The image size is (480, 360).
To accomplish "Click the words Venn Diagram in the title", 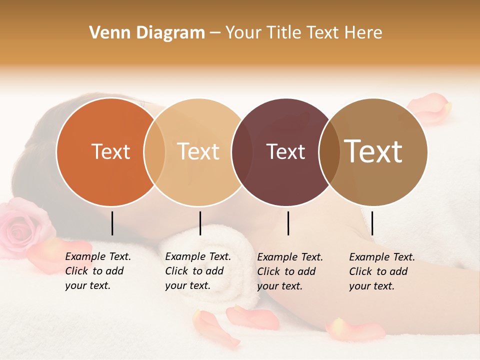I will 147,33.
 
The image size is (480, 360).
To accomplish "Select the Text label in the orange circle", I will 110,151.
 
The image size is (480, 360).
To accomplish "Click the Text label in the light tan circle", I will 198,151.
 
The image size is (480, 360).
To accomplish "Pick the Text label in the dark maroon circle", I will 286,151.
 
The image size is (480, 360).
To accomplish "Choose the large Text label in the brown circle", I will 373,151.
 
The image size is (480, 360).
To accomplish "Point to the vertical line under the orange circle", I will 112,223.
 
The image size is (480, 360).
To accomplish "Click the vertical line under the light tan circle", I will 200,223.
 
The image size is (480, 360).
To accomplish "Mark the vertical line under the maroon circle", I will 288,223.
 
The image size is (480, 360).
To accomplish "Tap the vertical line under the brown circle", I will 372,223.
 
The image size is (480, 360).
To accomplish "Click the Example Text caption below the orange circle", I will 97,271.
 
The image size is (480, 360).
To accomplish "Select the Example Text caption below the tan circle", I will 197,271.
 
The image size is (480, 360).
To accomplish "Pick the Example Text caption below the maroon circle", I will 289,271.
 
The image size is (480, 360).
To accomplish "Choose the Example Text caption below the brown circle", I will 381,271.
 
